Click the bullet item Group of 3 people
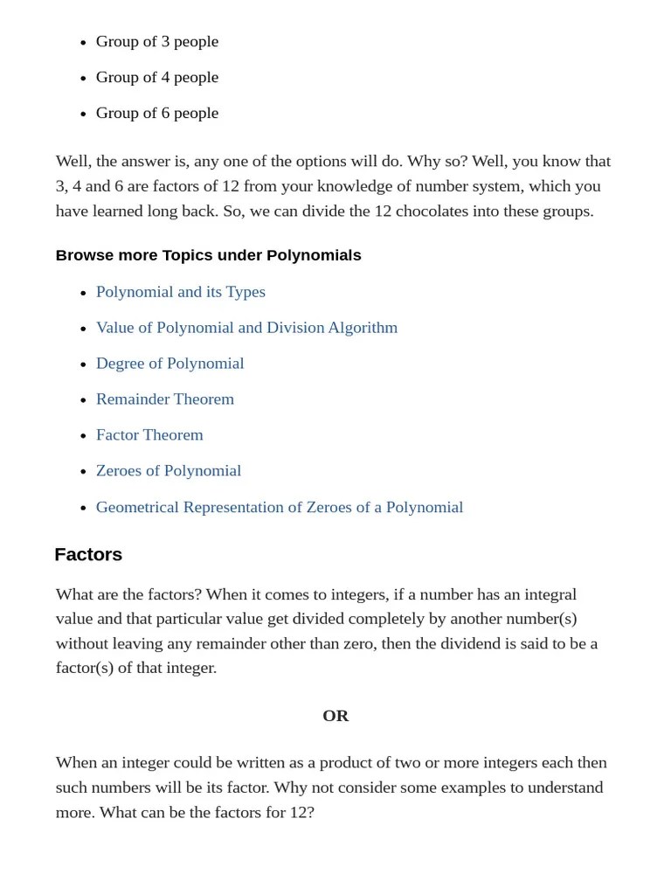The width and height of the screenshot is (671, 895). point(157,41)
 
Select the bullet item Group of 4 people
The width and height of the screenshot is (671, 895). point(157,77)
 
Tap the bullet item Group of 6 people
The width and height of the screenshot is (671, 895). point(157,113)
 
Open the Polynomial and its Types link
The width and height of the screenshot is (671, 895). point(181,292)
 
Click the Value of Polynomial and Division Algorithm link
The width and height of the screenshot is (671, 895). point(246,328)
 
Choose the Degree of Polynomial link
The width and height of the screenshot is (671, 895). point(169,364)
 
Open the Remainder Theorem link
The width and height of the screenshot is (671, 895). point(165,399)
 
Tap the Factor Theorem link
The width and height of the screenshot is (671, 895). point(149,435)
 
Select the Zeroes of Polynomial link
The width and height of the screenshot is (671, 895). point(169,471)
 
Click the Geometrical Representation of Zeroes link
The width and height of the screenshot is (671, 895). point(280,507)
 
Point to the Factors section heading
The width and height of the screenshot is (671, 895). point(88,554)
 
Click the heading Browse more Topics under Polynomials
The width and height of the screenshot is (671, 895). point(208,255)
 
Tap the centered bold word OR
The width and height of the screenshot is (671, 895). point(335,716)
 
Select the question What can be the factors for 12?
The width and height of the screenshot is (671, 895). point(207,812)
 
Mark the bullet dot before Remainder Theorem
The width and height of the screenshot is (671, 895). point(83,400)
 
